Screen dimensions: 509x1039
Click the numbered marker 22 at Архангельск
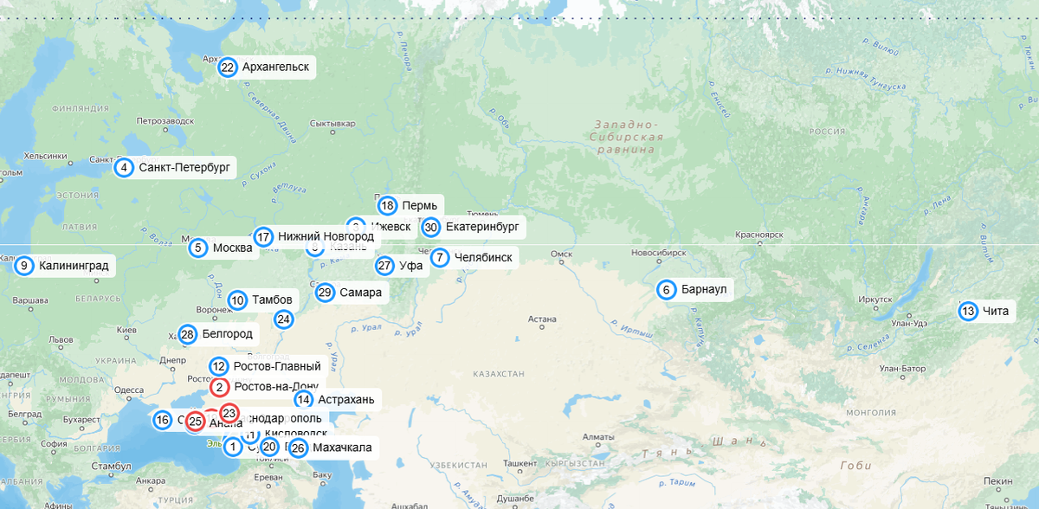tap(228, 68)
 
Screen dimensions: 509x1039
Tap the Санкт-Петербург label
tap(184, 168)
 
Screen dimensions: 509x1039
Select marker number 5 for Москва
tap(198, 248)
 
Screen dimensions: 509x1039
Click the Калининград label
tap(74, 266)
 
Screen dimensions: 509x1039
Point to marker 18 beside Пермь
tap(387, 206)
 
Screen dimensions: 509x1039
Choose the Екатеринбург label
tap(481, 228)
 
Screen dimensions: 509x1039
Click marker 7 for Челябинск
tap(440, 257)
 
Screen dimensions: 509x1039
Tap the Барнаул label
tap(703, 290)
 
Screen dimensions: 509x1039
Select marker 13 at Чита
tap(968, 312)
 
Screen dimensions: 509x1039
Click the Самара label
tap(360, 293)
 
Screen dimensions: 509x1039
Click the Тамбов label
tap(272, 300)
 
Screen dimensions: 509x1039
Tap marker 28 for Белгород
tap(188, 334)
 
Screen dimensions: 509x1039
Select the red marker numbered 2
tap(220, 388)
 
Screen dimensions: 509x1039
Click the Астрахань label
tap(345, 399)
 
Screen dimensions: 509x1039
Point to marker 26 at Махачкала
tap(298, 448)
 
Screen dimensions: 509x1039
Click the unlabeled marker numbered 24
tap(284, 319)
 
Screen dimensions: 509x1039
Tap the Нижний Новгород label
tap(326, 236)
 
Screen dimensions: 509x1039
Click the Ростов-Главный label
tap(276, 367)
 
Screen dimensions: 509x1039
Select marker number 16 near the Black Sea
tap(162, 421)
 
